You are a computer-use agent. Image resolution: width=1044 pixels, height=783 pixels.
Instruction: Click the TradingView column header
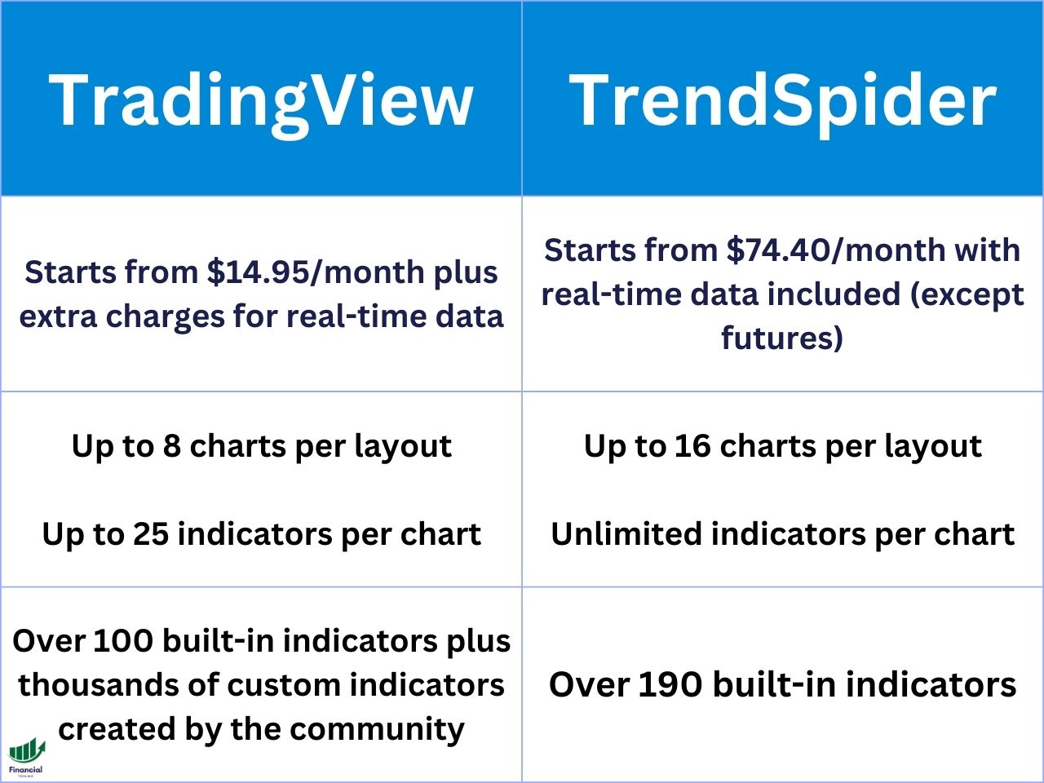point(261,100)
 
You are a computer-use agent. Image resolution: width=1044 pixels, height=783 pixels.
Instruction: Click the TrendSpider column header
point(782,100)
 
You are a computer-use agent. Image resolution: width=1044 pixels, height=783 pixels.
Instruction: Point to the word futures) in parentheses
point(782,338)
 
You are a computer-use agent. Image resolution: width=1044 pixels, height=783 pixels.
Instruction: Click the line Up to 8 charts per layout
point(261,446)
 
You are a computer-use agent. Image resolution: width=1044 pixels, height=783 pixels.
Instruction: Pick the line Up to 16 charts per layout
point(782,446)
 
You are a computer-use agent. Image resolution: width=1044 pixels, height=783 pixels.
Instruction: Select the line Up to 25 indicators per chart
point(261,534)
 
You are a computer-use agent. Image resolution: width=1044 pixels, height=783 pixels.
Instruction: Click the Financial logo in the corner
point(26,757)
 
